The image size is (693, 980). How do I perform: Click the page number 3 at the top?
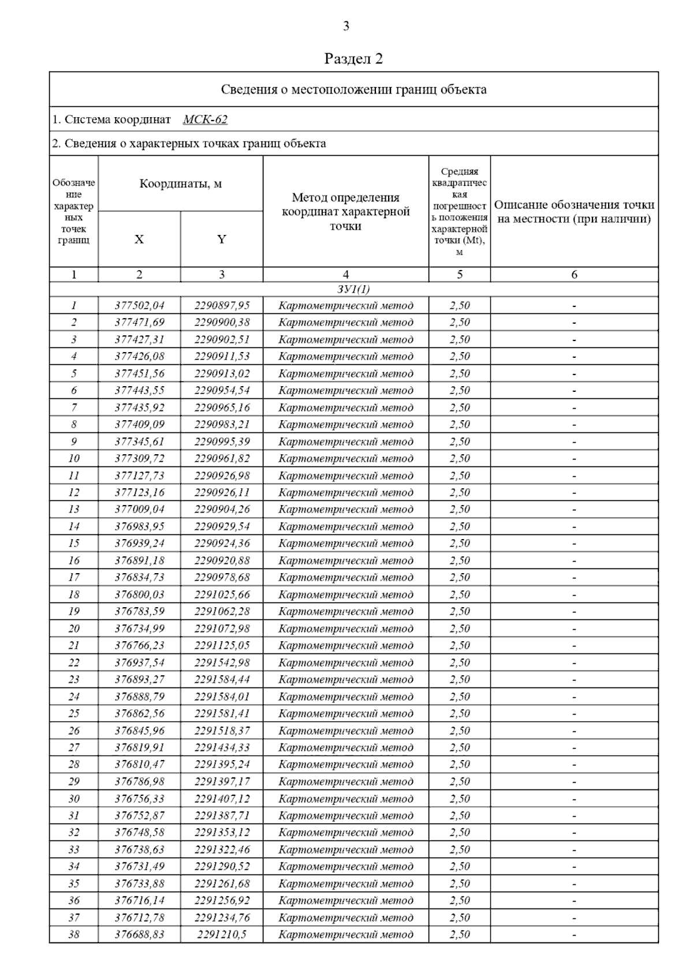[346, 26]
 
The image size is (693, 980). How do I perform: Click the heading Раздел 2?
[353, 59]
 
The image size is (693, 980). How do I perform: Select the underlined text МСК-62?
[205, 119]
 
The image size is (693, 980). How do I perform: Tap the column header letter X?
[139, 239]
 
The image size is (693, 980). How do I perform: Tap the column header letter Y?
[222, 239]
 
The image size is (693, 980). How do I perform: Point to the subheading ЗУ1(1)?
[353, 289]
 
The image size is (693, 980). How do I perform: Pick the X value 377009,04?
[139, 509]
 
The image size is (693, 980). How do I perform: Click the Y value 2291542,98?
[222, 663]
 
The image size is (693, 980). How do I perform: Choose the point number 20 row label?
[74, 629]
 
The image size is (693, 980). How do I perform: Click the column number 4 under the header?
[345, 275]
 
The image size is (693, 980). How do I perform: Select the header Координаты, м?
[181, 184]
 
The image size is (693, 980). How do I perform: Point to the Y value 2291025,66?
[222, 594]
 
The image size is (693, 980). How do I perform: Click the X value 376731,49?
[139, 866]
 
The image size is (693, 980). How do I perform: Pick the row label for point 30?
[74, 799]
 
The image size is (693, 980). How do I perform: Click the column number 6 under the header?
[574, 275]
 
